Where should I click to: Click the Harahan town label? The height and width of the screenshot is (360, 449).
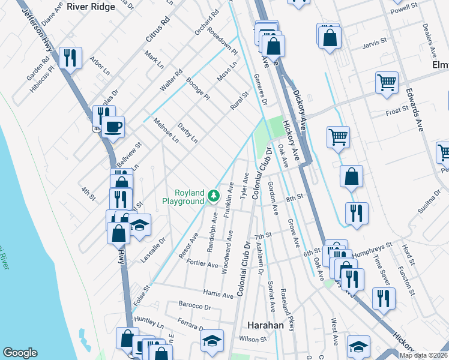[x=265, y=325]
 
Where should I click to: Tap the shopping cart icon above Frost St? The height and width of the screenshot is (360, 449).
[x=387, y=83]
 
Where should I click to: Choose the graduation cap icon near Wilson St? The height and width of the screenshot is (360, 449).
[x=212, y=341]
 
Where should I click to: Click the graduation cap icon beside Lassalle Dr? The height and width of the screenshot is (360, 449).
[x=139, y=226]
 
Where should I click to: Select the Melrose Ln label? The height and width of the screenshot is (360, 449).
[x=167, y=131]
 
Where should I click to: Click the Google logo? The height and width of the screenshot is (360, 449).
[x=20, y=352]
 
